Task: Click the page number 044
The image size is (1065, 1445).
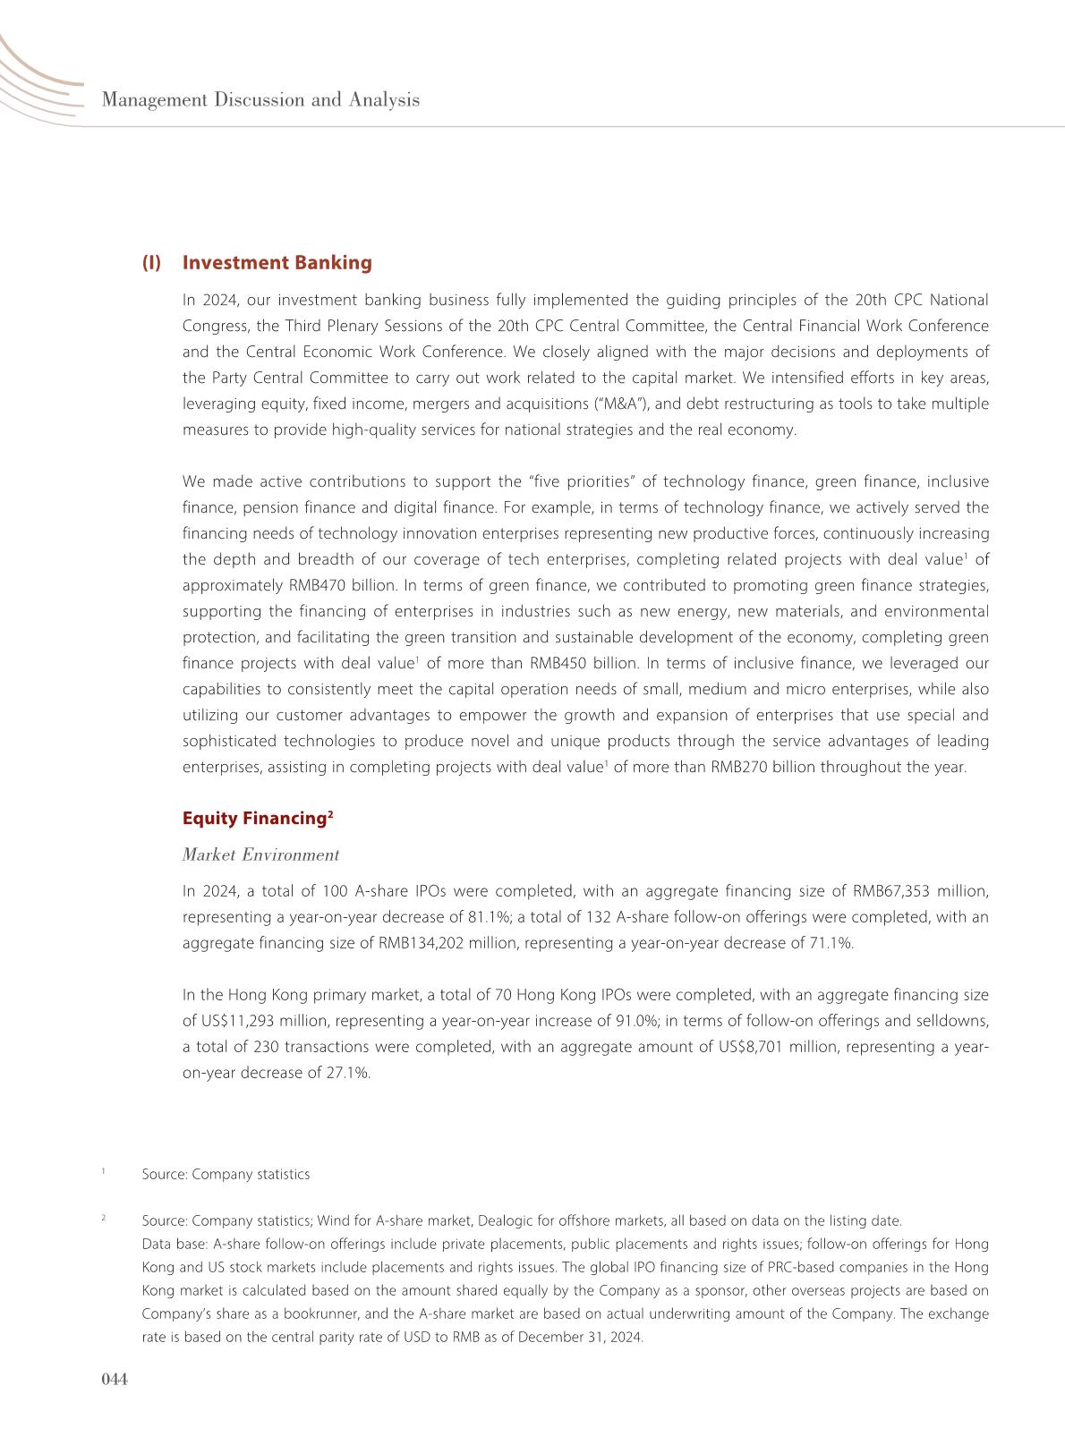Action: point(115,1380)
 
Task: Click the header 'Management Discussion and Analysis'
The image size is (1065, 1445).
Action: point(260,100)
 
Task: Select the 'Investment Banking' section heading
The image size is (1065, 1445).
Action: point(277,263)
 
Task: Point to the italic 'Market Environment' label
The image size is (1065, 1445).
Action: point(260,855)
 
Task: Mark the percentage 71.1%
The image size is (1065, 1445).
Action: point(830,943)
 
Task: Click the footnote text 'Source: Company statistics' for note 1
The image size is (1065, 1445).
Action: point(226,1174)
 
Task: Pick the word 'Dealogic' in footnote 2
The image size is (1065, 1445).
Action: point(506,1221)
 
